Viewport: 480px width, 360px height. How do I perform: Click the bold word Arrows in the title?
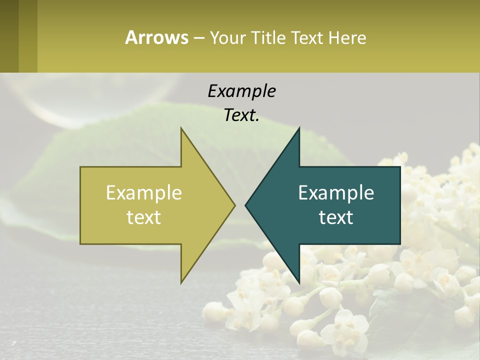coord(156,37)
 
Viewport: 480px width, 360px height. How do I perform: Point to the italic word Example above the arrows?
coord(241,91)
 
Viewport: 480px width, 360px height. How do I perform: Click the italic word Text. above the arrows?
coord(241,115)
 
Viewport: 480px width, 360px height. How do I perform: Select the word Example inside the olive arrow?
coord(144,192)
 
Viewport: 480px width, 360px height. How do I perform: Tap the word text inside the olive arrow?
coord(144,217)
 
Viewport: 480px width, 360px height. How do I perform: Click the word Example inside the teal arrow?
coord(336,192)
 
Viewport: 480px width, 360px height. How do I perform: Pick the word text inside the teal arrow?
coord(336,217)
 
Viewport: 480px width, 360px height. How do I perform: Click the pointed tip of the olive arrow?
coord(234,205)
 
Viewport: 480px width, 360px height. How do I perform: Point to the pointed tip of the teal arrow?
coord(246,205)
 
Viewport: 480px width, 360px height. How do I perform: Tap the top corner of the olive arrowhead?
coord(181,129)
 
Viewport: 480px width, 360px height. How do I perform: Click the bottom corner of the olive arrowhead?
coord(181,281)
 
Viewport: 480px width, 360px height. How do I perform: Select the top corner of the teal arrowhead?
coord(299,129)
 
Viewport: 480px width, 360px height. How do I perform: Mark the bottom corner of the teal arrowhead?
coord(299,281)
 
